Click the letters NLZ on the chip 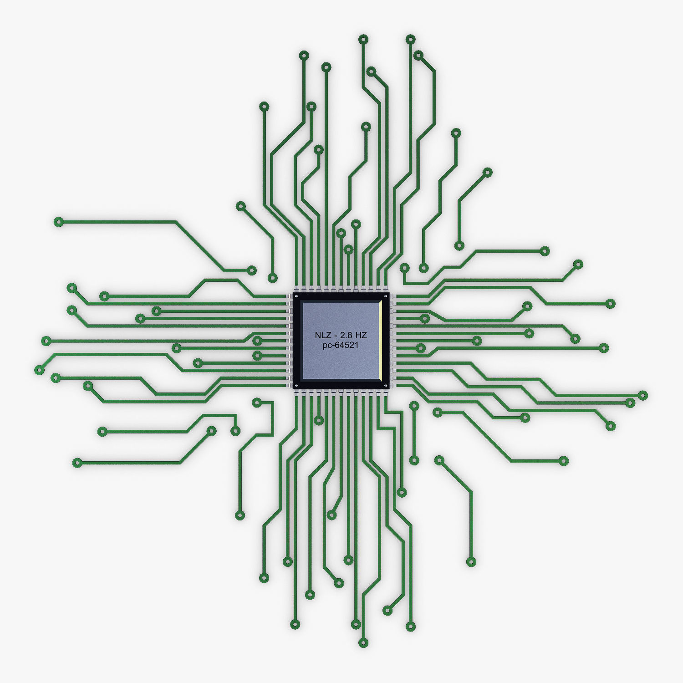pyautogui.click(x=321, y=335)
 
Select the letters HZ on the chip pyautogui.click(x=361, y=335)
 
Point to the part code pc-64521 pyautogui.click(x=341, y=345)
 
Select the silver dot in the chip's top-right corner pyautogui.click(x=386, y=296)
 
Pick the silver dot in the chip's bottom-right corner pyautogui.click(x=386, y=386)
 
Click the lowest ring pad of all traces pyautogui.click(x=363, y=643)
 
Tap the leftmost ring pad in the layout pyautogui.click(x=40, y=370)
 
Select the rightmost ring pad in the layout pyautogui.click(x=642, y=395)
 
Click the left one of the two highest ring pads pyautogui.click(x=363, y=39)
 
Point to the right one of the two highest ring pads pyautogui.click(x=410, y=39)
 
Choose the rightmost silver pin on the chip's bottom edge pyautogui.click(x=385, y=393)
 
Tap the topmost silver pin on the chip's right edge pyautogui.click(x=393, y=297)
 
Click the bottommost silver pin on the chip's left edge pyautogui.click(x=289, y=385)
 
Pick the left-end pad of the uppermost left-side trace pyautogui.click(x=58, y=222)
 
